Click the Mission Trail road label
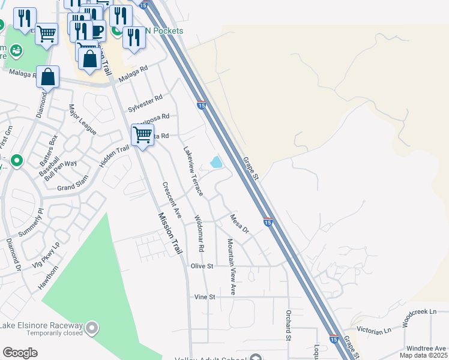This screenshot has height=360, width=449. [x=170, y=234]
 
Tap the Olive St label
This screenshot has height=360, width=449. [x=202, y=265]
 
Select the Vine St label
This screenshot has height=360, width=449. [x=205, y=297]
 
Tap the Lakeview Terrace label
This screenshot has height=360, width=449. [x=193, y=172]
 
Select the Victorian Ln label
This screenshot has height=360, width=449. [x=375, y=331]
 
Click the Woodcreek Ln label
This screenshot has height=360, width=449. [x=426, y=313]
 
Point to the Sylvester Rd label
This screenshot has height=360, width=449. [x=145, y=103]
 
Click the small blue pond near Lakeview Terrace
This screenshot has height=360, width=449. [x=216, y=162]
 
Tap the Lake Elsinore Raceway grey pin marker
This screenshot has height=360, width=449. [x=91, y=328]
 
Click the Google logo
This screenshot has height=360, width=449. [x=20, y=353]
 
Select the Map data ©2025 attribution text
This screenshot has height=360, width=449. [x=427, y=356]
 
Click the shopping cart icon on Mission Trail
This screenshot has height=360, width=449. [x=142, y=135]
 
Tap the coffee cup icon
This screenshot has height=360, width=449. [x=97, y=30]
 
